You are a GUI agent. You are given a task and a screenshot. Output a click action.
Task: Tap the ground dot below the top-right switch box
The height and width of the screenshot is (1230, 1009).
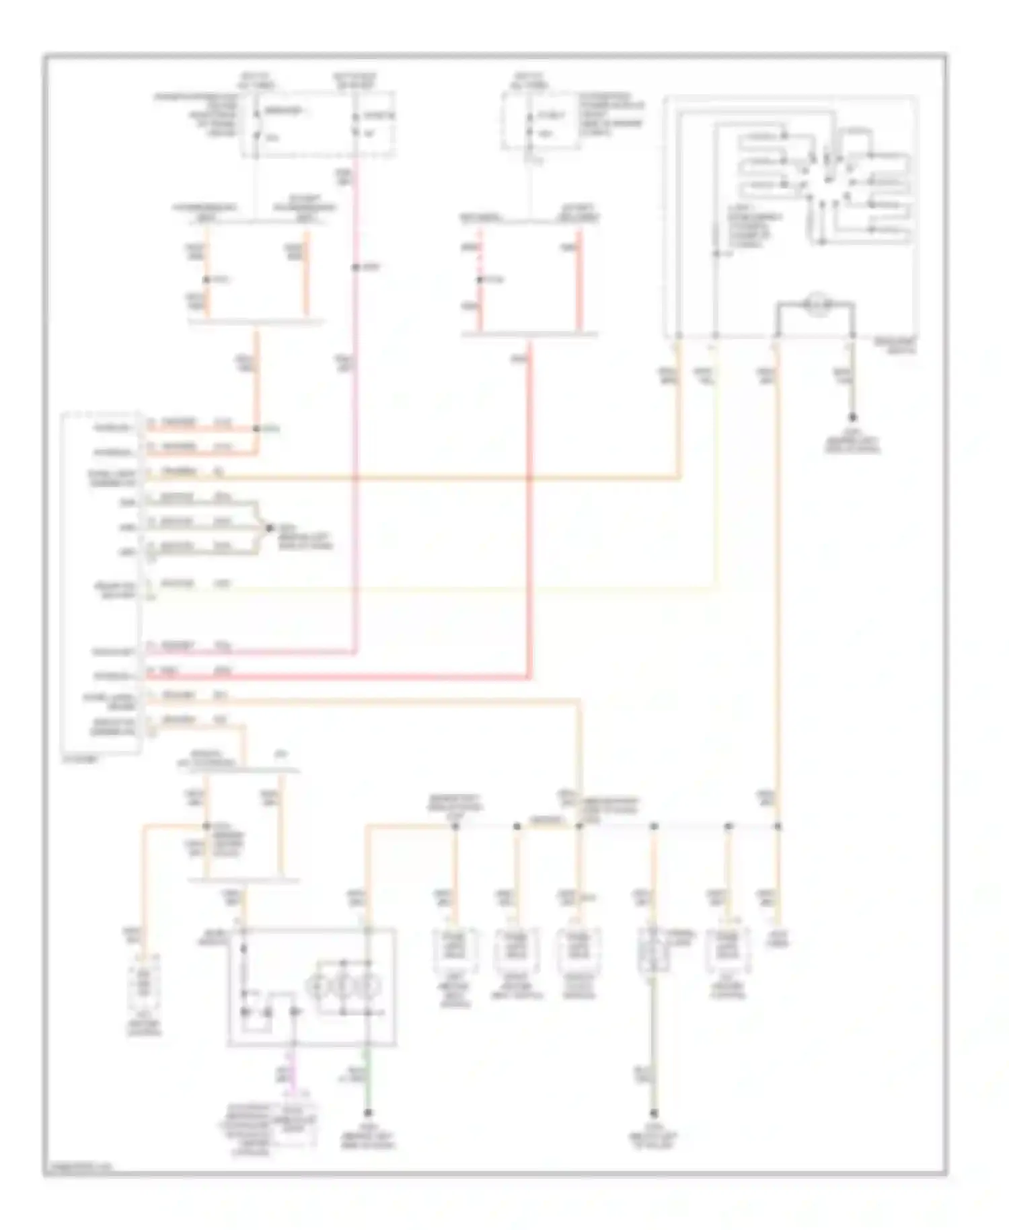point(852,418)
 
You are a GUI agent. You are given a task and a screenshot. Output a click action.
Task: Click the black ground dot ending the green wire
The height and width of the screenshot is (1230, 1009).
point(368,1113)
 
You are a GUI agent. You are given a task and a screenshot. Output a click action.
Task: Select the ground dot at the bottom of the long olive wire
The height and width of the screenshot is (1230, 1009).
point(652,1114)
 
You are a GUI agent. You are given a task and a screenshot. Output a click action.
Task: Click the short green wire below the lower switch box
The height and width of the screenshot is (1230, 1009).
point(368,1077)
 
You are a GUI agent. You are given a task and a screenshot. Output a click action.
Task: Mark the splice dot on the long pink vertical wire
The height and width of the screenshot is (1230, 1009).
point(354,268)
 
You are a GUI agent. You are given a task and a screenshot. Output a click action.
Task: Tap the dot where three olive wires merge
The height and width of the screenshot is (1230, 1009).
point(270,528)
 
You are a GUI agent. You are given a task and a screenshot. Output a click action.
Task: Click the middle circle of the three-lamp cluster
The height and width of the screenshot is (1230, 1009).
point(342,986)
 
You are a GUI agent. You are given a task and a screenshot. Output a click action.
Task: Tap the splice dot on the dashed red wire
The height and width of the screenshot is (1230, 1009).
point(480,279)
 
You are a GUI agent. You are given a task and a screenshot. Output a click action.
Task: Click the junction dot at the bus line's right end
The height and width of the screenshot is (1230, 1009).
point(778,826)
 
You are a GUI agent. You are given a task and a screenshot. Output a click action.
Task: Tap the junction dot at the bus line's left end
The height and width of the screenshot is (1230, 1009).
point(455,826)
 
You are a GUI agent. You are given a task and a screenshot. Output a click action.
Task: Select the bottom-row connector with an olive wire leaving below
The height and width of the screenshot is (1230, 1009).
point(652,950)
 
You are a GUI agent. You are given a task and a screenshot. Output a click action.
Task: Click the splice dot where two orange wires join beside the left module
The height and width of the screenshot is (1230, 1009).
point(256,429)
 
